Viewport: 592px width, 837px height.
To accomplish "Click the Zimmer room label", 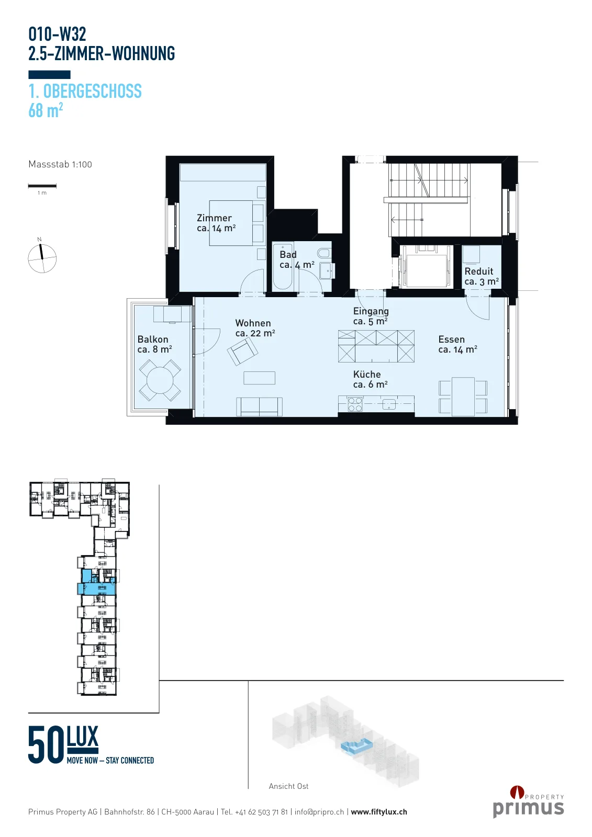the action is tap(216, 223).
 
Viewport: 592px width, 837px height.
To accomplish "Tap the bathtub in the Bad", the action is tap(282, 266).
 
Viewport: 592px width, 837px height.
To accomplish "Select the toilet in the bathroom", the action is tap(324, 254).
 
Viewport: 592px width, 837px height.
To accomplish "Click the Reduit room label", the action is tap(482, 277).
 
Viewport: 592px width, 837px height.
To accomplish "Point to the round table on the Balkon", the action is tap(160, 380).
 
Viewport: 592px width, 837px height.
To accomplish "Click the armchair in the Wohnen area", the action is tap(242, 351).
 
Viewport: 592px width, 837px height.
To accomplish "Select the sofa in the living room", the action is tap(259, 406).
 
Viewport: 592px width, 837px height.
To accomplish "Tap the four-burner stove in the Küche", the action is tap(355, 404).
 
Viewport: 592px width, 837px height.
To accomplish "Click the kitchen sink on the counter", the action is tap(389, 404).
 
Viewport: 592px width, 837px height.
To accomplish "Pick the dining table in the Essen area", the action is tap(463, 397).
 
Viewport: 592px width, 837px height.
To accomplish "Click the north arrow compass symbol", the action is tap(42, 258).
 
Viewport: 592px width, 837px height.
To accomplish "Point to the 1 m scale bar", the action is tap(42, 186).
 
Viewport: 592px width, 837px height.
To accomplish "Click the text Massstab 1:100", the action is tap(60, 164).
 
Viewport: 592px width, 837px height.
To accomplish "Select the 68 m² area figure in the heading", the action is tap(46, 110).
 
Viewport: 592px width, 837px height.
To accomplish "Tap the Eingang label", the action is tap(371, 316).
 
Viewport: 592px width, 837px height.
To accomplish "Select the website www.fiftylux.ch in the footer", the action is tap(379, 811).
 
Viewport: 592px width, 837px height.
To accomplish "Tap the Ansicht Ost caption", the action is tap(288, 786).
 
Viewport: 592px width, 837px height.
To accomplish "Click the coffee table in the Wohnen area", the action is tap(259, 378).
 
